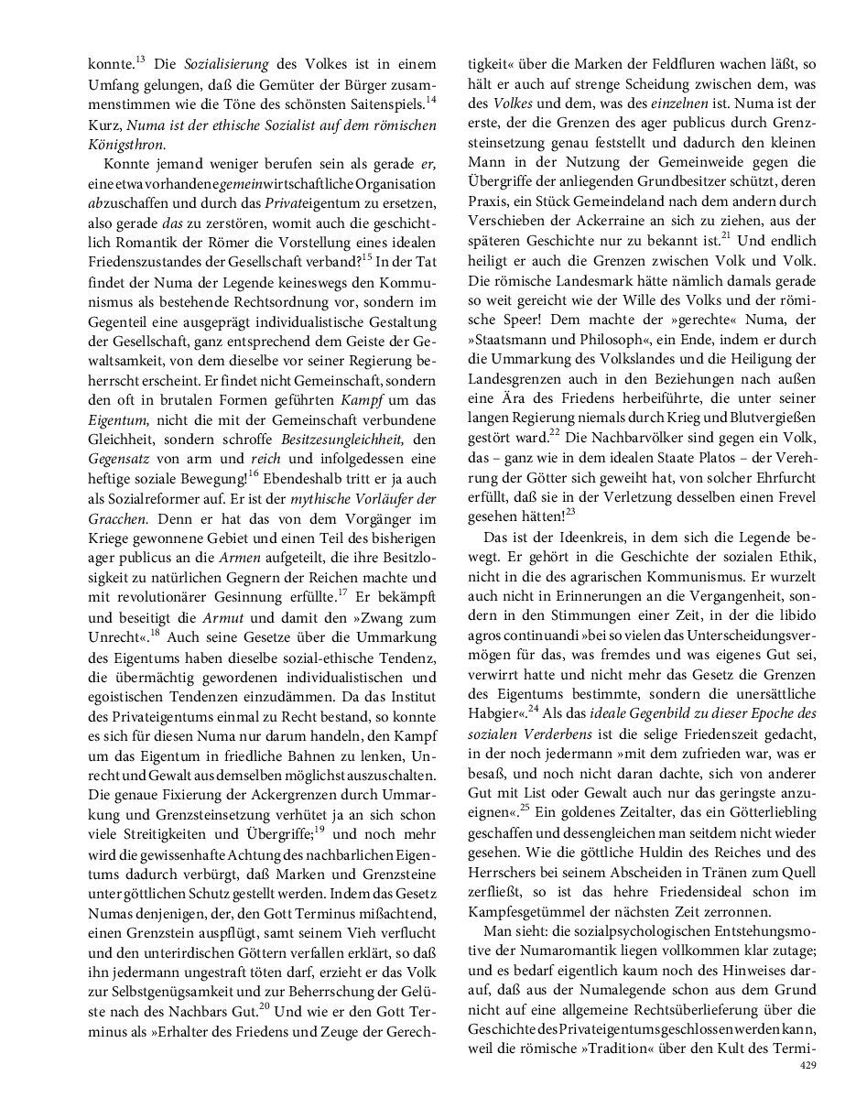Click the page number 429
[x=807, y=1066]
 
